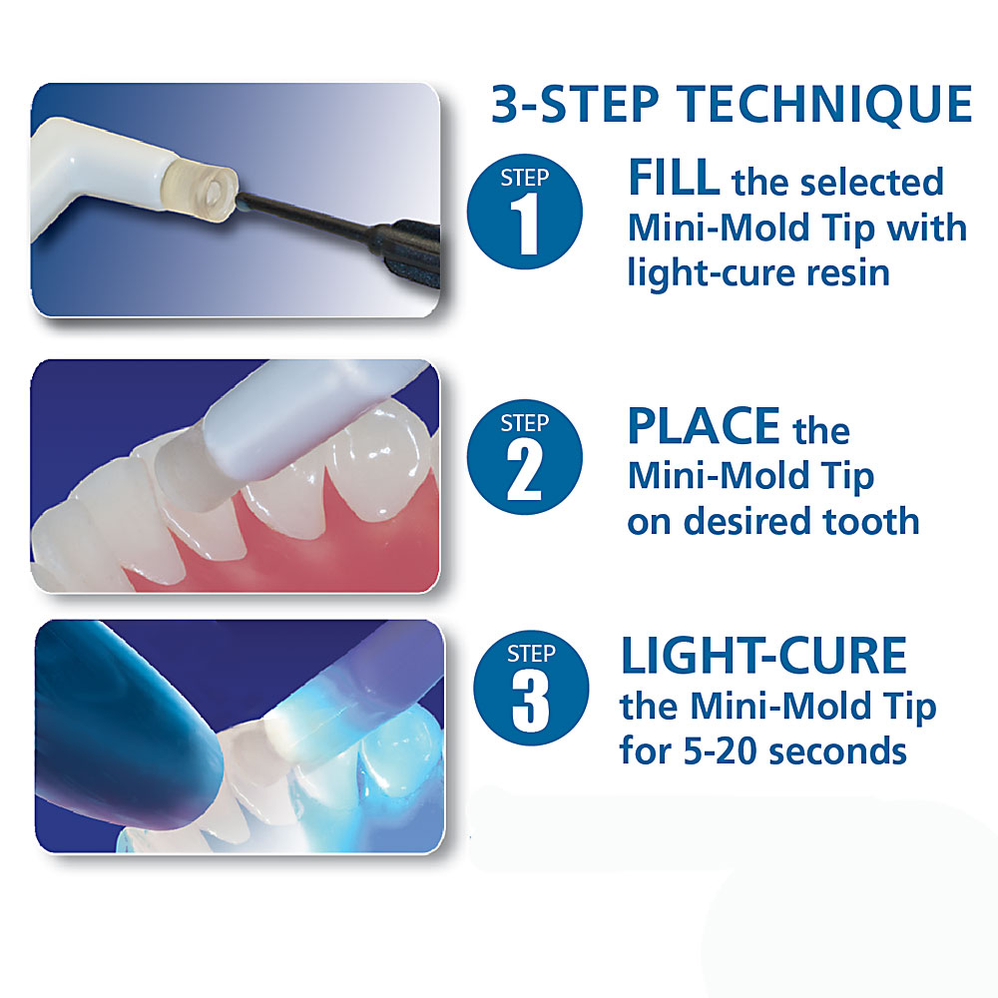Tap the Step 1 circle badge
[525, 212]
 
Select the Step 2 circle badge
[525, 457]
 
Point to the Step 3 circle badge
[531, 688]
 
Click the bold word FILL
[674, 179]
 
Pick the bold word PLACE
[704, 426]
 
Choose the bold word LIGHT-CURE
[763, 655]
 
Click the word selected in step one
[870, 182]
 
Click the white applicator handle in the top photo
[96, 173]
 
